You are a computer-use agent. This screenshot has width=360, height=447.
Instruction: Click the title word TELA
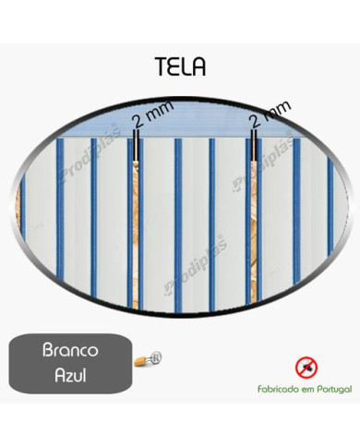click(x=181, y=67)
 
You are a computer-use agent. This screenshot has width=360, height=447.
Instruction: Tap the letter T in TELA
click(x=162, y=67)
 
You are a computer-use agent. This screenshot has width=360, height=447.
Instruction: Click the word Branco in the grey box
click(x=73, y=352)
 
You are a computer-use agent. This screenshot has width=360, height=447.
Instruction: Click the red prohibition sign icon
click(x=306, y=367)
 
